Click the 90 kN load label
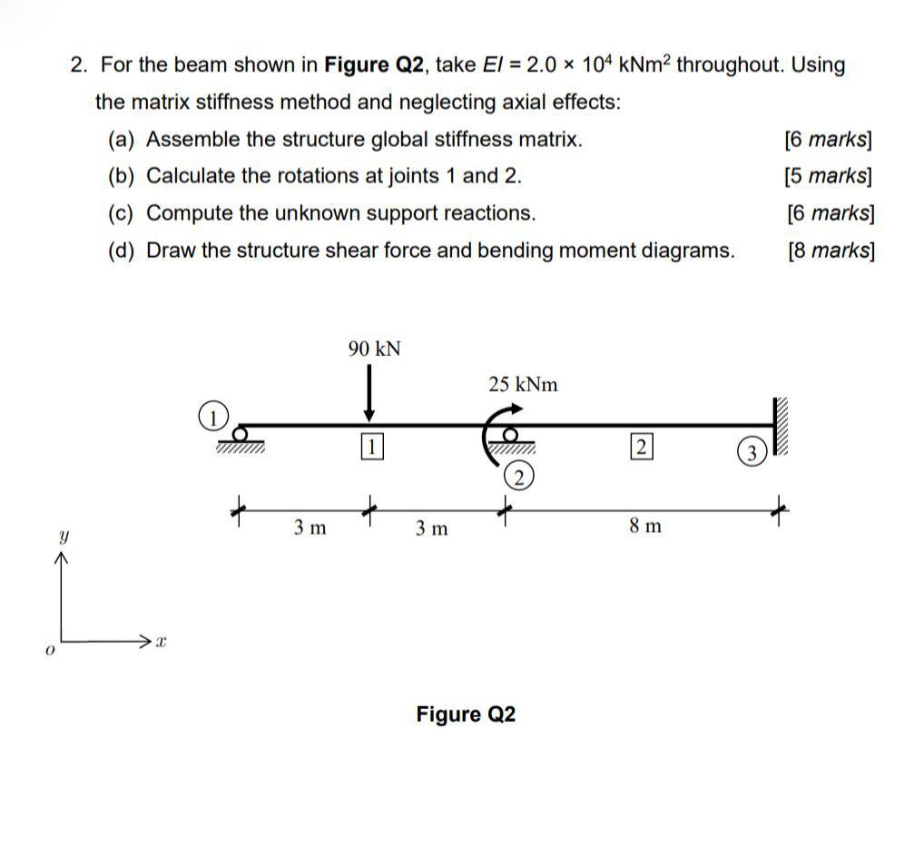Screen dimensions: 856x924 [374, 349]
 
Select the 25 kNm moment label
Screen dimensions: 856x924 [523, 384]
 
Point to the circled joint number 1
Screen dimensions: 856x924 [211, 418]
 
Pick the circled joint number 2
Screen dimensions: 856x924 [518, 477]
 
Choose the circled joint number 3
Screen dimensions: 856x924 [751, 452]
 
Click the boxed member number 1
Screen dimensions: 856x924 [372, 446]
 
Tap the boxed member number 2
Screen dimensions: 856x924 [641, 446]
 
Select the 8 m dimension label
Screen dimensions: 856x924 [644, 526]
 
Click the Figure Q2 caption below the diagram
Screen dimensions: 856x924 [466, 714]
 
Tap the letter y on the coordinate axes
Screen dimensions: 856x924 [63, 537]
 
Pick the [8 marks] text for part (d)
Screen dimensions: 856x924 [831, 251]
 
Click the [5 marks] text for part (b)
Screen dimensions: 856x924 [828, 176]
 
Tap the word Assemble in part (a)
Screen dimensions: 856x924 [192, 140]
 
